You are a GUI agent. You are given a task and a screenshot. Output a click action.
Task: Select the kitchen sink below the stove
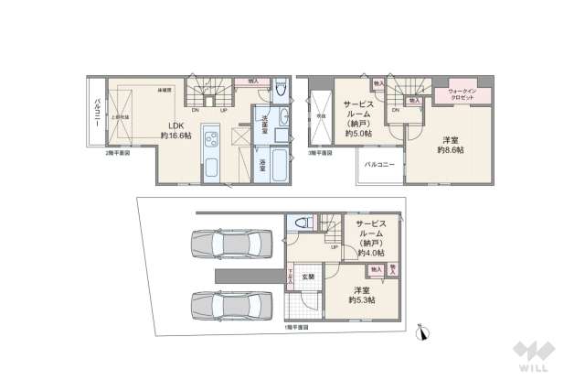(208, 168)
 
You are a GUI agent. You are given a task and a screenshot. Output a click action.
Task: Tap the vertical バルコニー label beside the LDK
(96, 117)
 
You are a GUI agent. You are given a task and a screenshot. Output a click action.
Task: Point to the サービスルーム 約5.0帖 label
(356, 119)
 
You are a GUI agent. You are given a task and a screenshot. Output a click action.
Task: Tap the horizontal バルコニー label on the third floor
(378, 164)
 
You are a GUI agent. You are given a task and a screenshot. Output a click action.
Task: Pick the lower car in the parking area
(231, 305)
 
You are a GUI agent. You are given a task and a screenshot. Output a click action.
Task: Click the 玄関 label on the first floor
(309, 277)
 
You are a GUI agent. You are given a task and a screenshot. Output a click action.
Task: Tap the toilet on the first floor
(303, 223)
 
